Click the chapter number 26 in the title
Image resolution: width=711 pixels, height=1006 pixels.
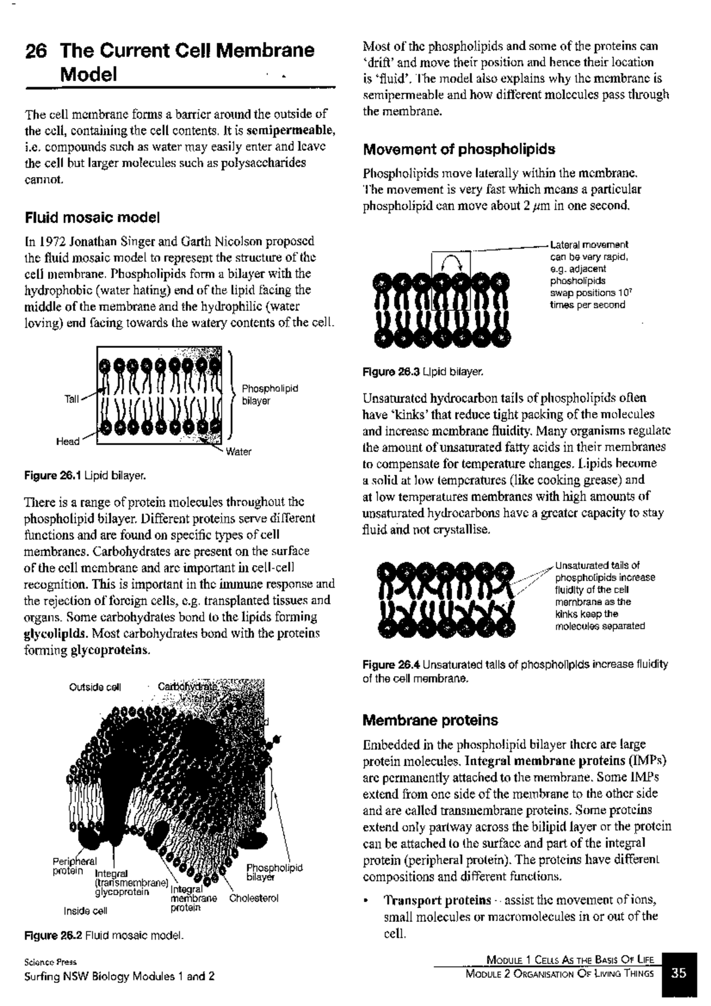point(35,51)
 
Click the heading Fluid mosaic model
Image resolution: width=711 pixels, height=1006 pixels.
point(92,218)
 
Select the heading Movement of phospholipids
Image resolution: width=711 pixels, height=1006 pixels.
point(459,149)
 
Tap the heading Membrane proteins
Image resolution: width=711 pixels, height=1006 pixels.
point(430,720)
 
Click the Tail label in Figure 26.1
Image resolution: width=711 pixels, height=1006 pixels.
point(71,399)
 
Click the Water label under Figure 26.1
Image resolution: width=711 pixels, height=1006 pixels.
point(238,452)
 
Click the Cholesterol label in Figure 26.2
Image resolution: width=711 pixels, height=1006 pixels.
point(254,898)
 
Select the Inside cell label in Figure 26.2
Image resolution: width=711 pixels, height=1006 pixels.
point(85,911)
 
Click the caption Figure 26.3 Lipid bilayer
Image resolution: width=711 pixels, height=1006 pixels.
point(424,372)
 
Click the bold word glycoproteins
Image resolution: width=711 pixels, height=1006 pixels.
point(110,650)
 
